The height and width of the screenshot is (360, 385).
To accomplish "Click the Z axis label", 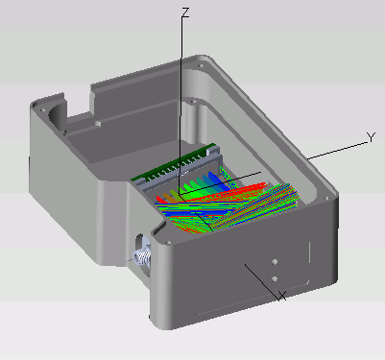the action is point(185,12).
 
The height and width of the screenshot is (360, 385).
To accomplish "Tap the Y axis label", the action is point(371,138).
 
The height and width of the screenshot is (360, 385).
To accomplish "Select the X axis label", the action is point(281,296).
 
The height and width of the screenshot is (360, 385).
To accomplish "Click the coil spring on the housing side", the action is point(142,256).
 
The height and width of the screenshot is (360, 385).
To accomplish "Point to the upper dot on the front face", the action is point(275,262).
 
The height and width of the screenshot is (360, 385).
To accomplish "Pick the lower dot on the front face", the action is point(275,279).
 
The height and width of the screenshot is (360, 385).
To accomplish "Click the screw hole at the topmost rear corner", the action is point(201,66).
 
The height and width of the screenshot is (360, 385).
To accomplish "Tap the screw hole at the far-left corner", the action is point(42,109).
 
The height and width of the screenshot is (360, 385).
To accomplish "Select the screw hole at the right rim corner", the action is point(326,199).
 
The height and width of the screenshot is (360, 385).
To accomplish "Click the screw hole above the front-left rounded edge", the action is point(166,243).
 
